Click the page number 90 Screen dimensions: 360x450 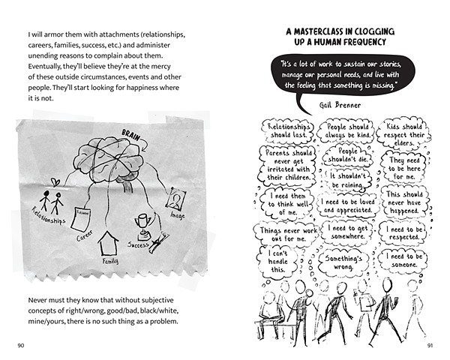(x=20, y=346)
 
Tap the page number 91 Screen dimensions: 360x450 (x=430, y=346)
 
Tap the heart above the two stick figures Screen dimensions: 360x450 (x=55, y=181)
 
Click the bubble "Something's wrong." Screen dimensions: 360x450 (x=345, y=262)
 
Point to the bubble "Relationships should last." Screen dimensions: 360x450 (x=289, y=132)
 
